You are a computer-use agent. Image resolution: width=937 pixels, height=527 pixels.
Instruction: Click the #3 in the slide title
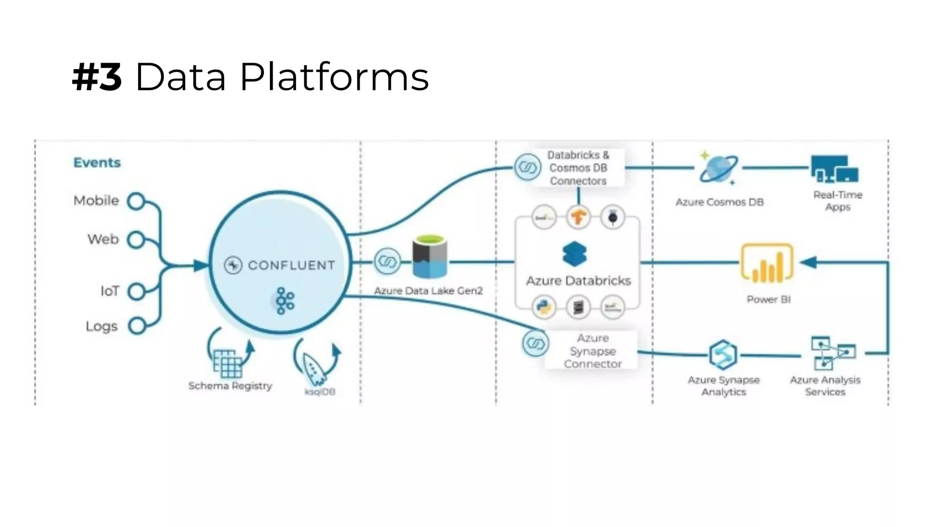97,77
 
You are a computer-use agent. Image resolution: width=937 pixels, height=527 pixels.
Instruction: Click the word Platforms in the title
334,77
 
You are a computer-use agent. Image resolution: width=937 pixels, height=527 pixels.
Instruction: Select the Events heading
97,162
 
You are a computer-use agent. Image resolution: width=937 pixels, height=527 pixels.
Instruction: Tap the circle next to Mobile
136,201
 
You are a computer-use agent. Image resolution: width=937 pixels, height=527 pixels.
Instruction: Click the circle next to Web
136,240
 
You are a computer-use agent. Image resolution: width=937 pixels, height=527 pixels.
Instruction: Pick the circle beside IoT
136,291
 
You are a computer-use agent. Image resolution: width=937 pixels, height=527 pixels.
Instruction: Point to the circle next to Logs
136,326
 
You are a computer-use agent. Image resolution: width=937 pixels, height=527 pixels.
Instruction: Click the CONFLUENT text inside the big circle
291,265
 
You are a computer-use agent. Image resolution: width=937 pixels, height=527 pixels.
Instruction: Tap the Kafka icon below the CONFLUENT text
285,301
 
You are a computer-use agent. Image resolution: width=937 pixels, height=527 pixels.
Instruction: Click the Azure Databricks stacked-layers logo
575,254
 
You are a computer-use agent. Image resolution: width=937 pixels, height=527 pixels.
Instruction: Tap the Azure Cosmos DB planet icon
718,168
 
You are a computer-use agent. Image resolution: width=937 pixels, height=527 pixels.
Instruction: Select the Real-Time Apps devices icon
835,169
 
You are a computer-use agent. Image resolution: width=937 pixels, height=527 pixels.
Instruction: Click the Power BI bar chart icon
767,263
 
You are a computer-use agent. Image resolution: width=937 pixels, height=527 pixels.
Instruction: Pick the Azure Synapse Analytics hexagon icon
723,355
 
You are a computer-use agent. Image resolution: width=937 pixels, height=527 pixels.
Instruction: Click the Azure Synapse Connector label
592,351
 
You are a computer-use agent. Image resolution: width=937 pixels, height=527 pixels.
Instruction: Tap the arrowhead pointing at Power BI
809,263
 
